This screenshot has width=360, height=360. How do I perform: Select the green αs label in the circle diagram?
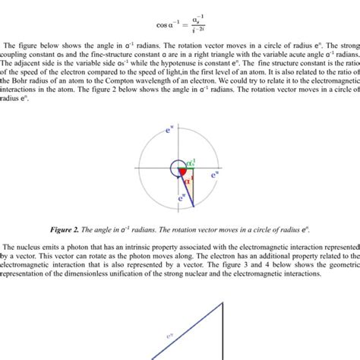click(191, 163)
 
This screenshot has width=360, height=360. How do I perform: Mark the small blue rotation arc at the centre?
click(175, 166)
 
